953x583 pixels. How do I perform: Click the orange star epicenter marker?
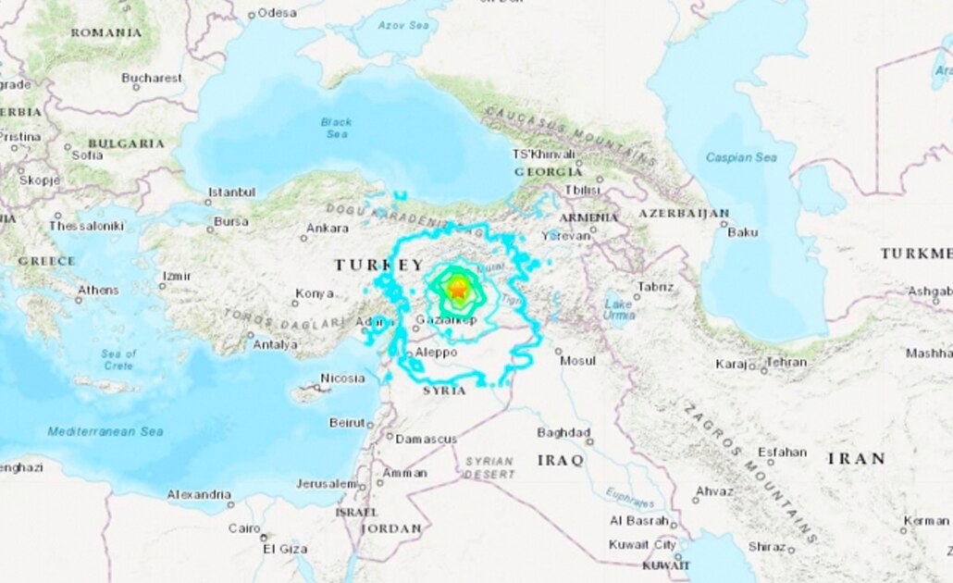(458, 290)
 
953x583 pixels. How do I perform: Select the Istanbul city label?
(231, 192)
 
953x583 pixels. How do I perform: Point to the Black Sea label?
(336, 128)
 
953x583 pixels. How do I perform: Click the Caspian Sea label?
(741, 157)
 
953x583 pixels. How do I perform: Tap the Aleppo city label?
(436, 353)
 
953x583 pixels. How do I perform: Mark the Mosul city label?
(578, 361)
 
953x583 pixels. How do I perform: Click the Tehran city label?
(786, 363)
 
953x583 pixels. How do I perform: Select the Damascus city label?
(427, 439)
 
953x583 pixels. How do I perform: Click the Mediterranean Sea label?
(105, 431)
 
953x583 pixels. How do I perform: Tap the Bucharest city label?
(152, 79)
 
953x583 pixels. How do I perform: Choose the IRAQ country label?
(560, 460)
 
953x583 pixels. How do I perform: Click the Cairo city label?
(244, 528)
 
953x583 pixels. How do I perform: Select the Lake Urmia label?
(618, 309)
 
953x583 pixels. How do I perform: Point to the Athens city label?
(98, 291)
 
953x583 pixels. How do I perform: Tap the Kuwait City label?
(642, 545)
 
